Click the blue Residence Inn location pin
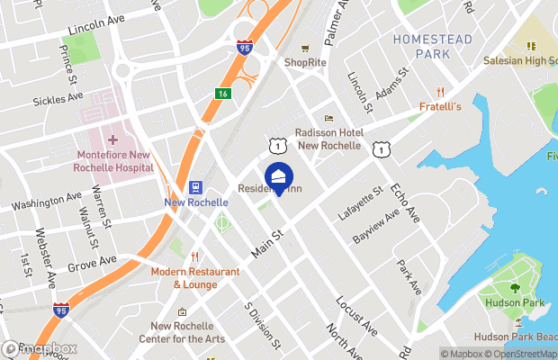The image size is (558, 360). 278,178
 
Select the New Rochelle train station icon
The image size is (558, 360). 194,187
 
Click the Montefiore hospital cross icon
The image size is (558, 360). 112,139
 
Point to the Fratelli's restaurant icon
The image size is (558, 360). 440,92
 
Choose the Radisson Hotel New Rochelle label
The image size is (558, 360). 329,139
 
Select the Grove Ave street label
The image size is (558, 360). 93,264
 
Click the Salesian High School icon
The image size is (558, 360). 531,45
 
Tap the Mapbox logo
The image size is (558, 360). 40,349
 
